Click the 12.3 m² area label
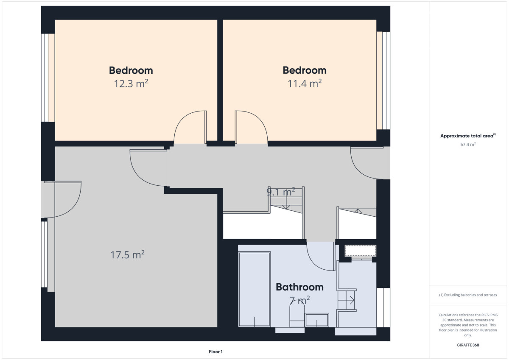(131, 84)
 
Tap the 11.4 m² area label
(305, 84)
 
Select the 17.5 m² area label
(127, 254)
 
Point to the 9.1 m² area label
(281, 192)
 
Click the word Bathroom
(299, 287)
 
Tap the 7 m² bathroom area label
(299, 300)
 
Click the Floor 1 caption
(215, 352)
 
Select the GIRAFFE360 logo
(468, 345)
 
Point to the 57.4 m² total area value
(468, 144)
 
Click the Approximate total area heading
(468, 136)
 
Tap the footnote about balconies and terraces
(468, 295)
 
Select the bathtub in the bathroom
(255, 289)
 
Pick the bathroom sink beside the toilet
(317, 320)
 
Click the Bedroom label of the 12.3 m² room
(131, 70)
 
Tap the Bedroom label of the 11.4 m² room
(305, 70)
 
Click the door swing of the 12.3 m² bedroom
(182, 118)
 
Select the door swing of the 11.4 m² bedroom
(260, 118)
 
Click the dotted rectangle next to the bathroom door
(361, 251)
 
